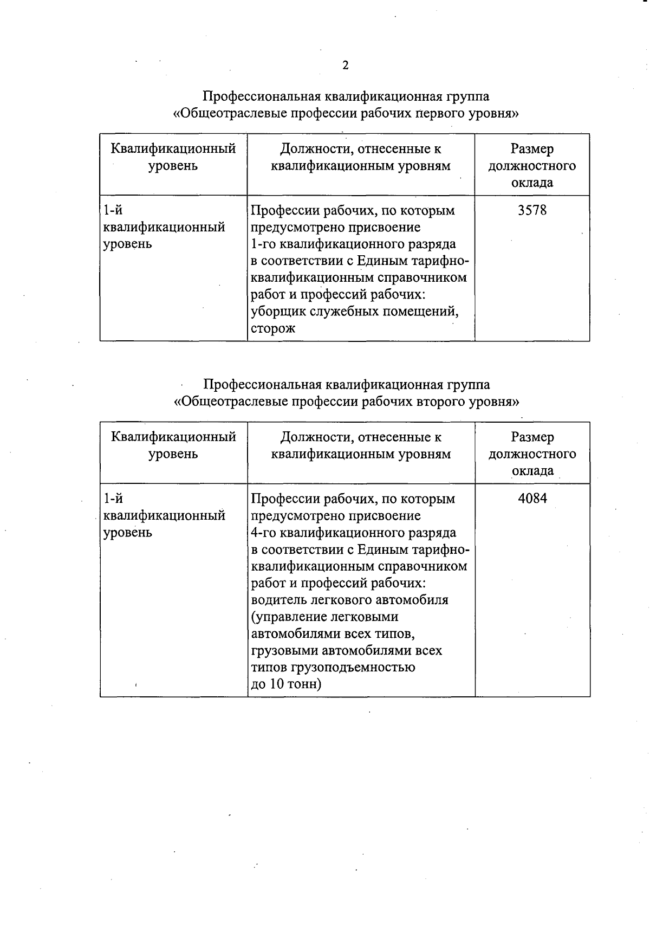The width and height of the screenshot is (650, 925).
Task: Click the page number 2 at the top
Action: (x=346, y=66)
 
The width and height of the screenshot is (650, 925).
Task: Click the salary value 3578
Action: (x=532, y=210)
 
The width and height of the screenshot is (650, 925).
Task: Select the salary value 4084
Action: (x=532, y=499)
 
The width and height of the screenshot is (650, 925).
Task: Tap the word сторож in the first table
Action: (x=273, y=328)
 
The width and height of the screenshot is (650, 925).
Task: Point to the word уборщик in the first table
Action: (x=278, y=312)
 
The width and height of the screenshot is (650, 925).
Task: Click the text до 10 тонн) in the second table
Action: (x=287, y=684)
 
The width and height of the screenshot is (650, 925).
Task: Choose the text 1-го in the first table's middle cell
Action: (x=263, y=244)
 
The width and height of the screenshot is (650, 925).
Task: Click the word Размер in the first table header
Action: (x=532, y=149)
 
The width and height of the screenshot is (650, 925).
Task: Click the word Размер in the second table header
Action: (x=532, y=437)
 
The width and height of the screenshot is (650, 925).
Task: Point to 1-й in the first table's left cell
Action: (x=113, y=210)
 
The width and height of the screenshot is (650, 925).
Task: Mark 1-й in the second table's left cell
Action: (x=113, y=499)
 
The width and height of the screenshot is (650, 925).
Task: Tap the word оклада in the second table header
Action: (x=532, y=471)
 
